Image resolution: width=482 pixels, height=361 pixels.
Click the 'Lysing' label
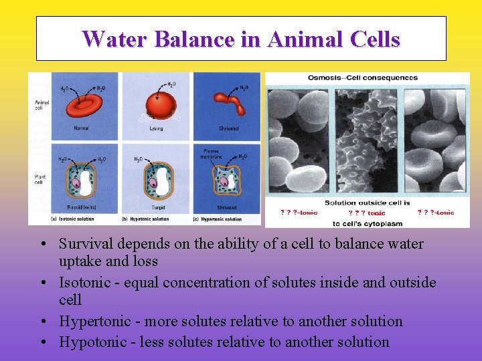[157, 128]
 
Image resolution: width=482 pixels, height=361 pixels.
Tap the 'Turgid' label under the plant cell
[157, 207]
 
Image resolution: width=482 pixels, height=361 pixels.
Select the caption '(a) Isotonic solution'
[73, 219]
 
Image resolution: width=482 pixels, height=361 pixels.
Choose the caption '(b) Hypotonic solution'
[145, 219]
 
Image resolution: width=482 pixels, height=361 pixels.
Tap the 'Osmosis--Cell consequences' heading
[362, 78]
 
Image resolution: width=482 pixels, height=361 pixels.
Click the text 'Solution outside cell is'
[367, 203]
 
